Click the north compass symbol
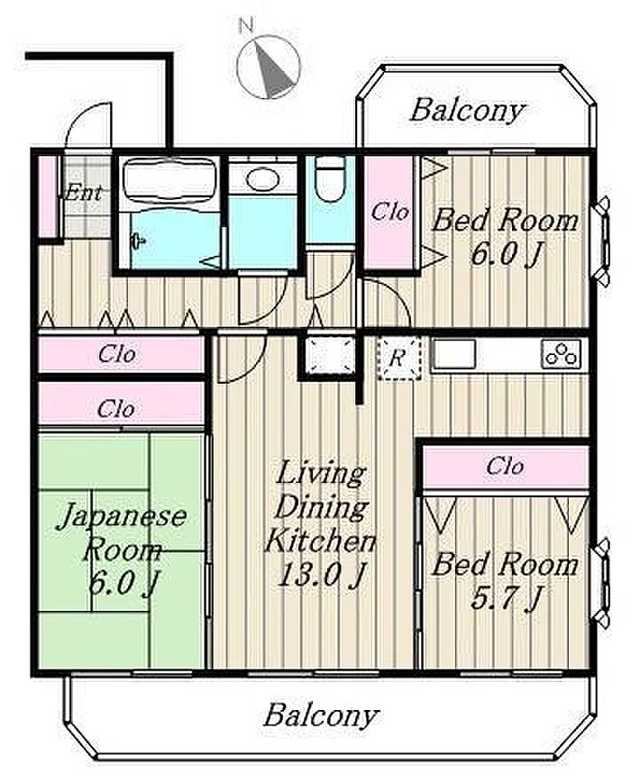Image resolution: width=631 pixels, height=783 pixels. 269,67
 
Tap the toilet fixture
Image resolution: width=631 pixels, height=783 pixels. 331,178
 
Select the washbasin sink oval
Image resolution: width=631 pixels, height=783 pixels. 261,178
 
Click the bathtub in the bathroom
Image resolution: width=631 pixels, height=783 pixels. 169,179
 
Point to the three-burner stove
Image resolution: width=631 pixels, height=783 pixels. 562,354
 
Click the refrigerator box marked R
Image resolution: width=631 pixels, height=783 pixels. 398,358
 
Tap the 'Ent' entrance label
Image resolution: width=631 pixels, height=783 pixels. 84,193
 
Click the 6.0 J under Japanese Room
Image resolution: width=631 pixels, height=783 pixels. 123,583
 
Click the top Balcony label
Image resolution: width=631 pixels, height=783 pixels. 468,110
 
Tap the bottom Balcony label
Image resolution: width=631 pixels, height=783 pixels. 321,715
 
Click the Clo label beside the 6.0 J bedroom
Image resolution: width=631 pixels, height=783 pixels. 389,212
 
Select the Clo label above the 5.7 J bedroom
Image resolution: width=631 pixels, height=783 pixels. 505,466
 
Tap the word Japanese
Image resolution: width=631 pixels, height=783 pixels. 122,516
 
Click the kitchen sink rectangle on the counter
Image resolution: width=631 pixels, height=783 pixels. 453,354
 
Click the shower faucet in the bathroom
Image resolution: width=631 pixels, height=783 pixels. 139,242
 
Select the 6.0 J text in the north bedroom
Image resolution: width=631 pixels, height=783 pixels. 506,254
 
